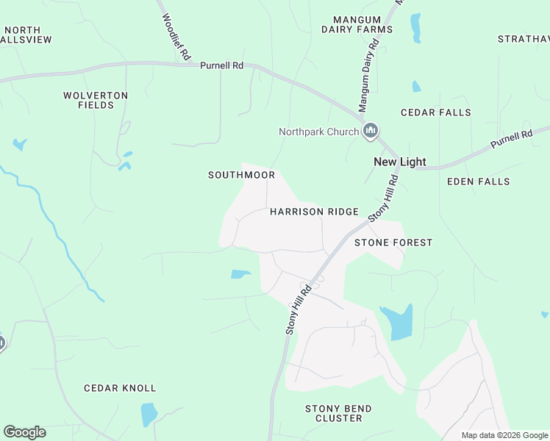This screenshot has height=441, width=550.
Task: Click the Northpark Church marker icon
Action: [x=371, y=132]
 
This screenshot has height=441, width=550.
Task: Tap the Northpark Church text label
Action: [x=318, y=132]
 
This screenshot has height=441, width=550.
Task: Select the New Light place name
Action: [x=399, y=162]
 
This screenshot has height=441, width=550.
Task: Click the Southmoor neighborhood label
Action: [x=241, y=175]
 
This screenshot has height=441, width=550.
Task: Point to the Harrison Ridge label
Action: [x=314, y=212]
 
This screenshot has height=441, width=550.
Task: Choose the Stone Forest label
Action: [x=393, y=243]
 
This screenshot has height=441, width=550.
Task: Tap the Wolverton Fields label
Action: [x=96, y=100]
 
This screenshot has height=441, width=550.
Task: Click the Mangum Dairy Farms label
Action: [x=357, y=24]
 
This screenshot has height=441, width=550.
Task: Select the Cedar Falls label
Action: [x=435, y=112]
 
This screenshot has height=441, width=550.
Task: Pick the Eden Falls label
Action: [x=478, y=181]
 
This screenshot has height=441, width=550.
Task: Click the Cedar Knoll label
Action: [x=120, y=388]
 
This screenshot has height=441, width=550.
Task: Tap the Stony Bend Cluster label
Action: [x=338, y=413]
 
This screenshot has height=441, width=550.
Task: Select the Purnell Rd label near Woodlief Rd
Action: [x=221, y=65]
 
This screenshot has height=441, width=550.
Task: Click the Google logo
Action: [x=24, y=432]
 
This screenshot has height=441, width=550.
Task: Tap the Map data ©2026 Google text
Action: [x=505, y=435]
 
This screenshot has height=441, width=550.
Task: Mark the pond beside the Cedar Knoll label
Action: [x=149, y=414]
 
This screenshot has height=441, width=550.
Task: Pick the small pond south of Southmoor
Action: [x=240, y=274]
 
